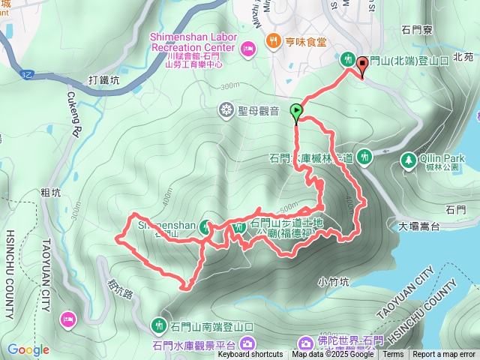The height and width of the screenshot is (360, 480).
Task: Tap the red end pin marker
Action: point(363,67)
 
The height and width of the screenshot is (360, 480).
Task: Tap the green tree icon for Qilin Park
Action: point(408,160)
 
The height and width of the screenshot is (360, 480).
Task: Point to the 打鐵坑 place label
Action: point(103,79)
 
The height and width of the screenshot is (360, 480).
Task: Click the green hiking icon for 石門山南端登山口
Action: point(159,326)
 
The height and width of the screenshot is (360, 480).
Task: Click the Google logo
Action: point(28,349)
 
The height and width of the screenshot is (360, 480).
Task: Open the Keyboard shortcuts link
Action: point(250,355)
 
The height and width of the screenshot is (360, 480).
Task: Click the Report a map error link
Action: point(445,355)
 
